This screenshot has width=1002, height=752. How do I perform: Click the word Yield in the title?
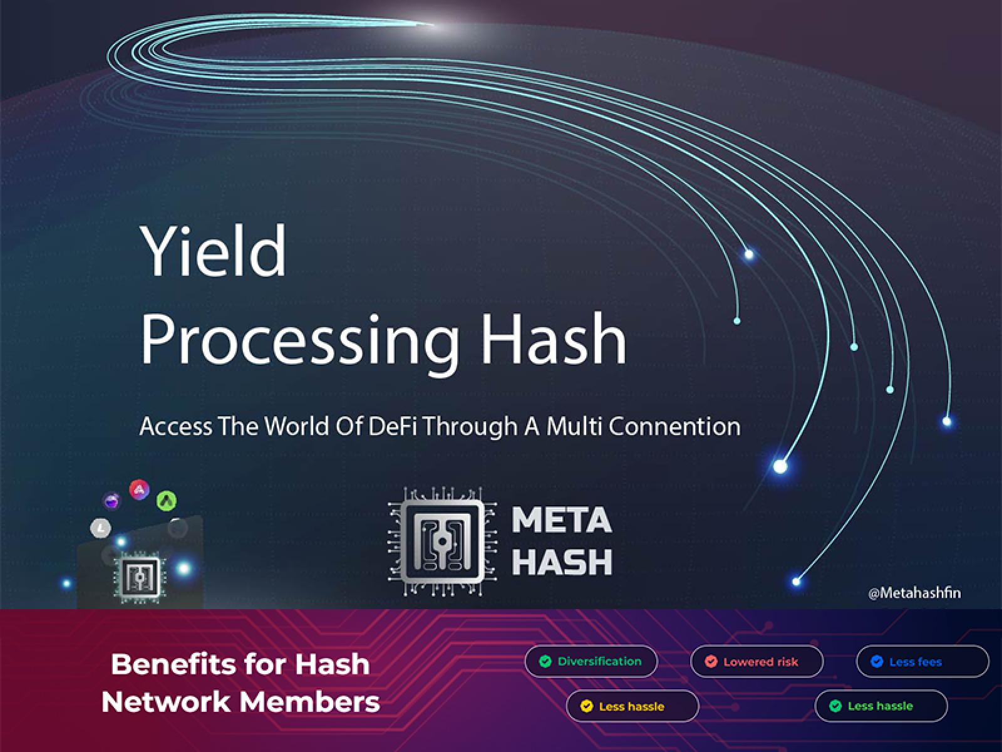point(214,251)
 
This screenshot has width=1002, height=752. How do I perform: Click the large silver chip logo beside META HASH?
point(442,541)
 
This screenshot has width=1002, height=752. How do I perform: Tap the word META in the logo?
point(562,520)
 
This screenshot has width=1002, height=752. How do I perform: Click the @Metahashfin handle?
point(914,593)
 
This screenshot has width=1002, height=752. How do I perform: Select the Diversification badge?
point(591,661)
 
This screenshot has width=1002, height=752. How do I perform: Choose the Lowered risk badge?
point(757,661)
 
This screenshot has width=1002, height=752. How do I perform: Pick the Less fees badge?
point(922,661)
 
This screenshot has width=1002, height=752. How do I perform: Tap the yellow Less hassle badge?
point(633,706)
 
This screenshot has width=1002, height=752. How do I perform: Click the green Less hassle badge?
point(881,706)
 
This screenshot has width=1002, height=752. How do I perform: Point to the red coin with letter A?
point(139,489)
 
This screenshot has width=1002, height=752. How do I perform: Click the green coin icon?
point(167,501)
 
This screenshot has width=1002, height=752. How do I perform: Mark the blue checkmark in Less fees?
point(877,661)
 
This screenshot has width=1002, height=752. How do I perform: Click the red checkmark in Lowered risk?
point(711,661)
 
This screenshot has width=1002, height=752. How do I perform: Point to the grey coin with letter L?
point(101,528)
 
